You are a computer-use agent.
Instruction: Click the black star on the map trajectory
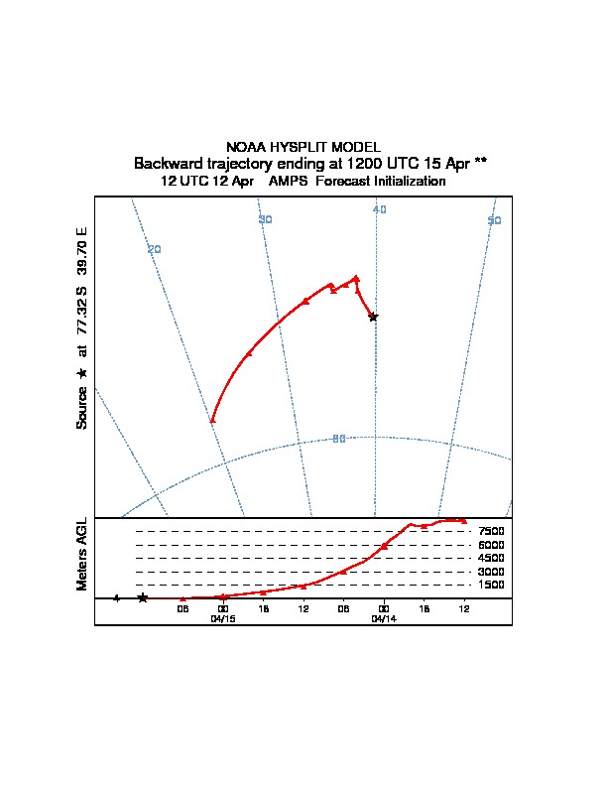tap(373, 317)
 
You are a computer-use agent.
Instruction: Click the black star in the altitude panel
tap(143, 597)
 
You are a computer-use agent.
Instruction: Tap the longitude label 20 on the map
tap(154, 249)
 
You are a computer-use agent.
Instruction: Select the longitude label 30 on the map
tap(265, 219)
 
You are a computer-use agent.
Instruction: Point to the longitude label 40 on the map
tap(379, 209)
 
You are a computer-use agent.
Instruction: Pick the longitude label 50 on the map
tap(494, 220)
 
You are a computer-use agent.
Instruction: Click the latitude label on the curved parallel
tap(339, 439)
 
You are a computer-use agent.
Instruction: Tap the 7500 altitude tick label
tap(492, 532)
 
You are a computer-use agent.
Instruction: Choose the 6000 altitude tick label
tap(492, 545)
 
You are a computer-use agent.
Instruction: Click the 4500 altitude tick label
tap(492, 558)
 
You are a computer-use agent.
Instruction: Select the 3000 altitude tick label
tap(492, 572)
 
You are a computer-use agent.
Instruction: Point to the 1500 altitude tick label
tap(492, 585)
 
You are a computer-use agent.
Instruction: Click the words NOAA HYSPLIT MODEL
tap(303, 147)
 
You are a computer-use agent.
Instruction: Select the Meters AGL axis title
tap(82, 554)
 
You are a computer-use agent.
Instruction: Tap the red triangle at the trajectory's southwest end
tap(212, 420)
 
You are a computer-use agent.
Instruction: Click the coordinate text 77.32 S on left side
tap(82, 324)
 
